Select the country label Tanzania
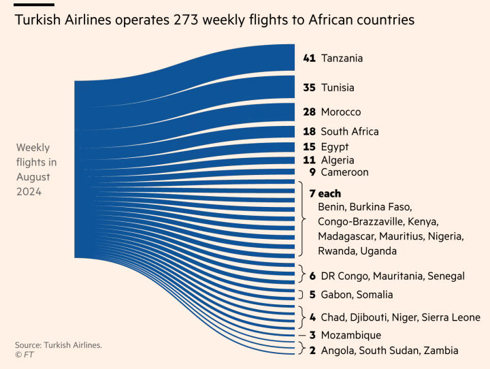pyautogui.click(x=342, y=59)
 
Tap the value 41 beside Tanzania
pyautogui.click(x=310, y=59)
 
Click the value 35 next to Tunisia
pyautogui.click(x=310, y=88)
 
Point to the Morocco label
pyautogui.click(x=341, y=112)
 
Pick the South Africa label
pyautogui.click(x=350, y=131)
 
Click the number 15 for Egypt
pyautogui.click(x=309, y=147)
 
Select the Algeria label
pyautogui.click(x=338, y=160)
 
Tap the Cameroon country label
pyautogui.click(x=344, y=172)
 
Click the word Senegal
pyautogui.click(x=446, y=276)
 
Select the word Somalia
pyautogui.click(x=374, y=295)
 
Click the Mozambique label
pyautogui.click(x=350, y=335)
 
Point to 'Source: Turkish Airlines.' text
pyautogui.click(x=59, y=345)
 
